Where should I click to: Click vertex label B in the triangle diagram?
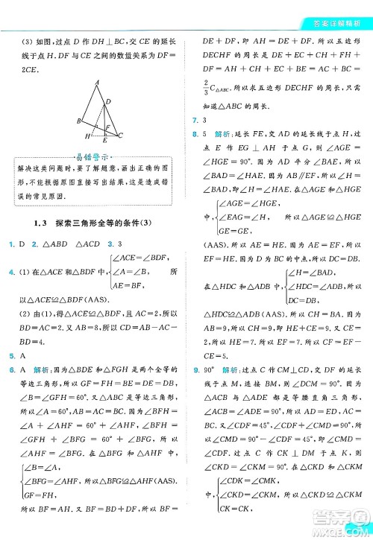[x=78, y=120]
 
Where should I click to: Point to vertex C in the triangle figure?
[x=120, y=135]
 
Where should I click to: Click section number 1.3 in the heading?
[x=40, y=223]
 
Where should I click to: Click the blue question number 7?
[x=195, y=121]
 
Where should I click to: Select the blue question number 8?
[x=195, y=134]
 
